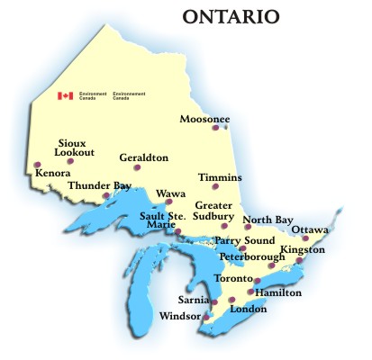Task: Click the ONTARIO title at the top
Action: [x=230, y=16]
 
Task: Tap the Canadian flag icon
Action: [x=65, y=95]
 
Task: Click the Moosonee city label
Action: [x=204, y=119]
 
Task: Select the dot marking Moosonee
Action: [x=215, y=128]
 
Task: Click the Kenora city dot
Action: [x=37, y=164]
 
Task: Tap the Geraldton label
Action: [x=143, y=157]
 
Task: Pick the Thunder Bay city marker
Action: [x=107, y=194]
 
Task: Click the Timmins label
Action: [x=221, y=177]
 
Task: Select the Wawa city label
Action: [x=171, y=193]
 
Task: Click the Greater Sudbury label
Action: [x=214, y=211]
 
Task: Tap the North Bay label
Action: [x=268, y=220]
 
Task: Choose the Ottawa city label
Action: [x=309, y=229]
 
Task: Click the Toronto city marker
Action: [x=258, y=281]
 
